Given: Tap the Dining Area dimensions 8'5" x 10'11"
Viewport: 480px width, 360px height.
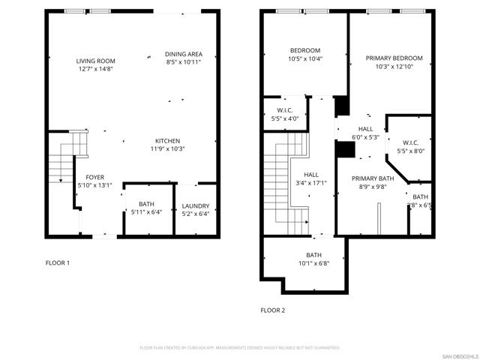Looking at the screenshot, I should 184,61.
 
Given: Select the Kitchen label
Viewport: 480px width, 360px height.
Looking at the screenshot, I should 167,141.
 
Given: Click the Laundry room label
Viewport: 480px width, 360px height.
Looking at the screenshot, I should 196,206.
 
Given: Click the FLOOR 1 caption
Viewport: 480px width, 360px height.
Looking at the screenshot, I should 58,262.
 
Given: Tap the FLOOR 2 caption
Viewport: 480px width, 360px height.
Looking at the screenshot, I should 272,310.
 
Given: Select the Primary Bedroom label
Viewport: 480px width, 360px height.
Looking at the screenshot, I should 394,58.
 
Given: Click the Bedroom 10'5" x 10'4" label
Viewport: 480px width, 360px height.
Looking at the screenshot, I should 305,50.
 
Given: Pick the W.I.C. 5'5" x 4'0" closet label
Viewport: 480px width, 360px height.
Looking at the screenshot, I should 284,110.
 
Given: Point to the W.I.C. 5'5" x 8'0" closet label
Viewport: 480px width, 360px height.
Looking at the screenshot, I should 410,142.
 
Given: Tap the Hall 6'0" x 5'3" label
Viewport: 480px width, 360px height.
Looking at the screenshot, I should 365,129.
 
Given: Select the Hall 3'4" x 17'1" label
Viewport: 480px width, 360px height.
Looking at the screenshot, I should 311,174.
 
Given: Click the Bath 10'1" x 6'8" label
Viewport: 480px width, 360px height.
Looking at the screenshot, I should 313,255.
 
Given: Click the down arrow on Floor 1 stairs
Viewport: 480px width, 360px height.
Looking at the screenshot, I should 60,180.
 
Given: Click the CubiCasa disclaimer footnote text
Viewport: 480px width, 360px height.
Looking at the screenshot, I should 240,348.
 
